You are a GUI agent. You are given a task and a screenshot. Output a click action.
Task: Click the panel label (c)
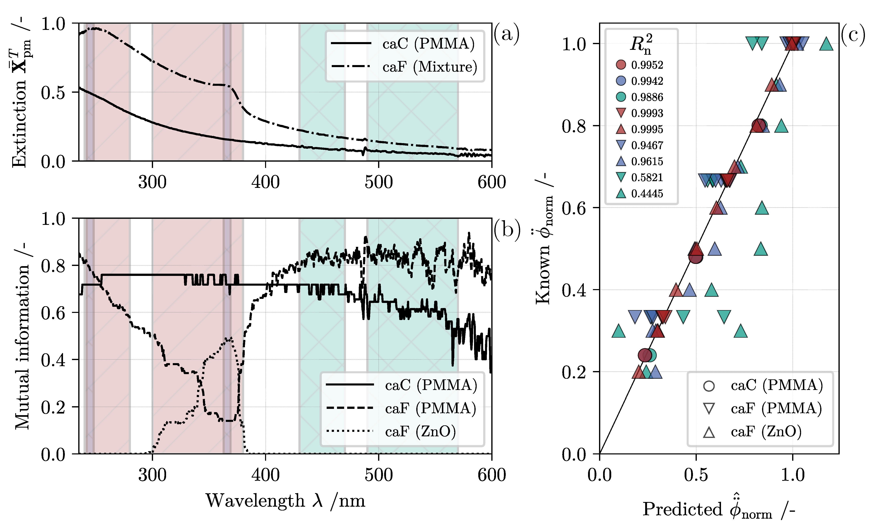tap(853, 35)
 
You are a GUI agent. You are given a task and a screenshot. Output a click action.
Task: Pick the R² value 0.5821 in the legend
tap(647, 177)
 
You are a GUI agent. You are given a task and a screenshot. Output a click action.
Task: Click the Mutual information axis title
tap(22, 336)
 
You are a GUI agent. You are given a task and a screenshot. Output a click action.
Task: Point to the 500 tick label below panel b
tap(379, 475)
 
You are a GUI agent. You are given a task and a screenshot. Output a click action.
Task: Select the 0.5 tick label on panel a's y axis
tap(53, 93)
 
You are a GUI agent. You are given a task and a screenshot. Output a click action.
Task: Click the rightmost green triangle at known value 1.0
tap(826, 44)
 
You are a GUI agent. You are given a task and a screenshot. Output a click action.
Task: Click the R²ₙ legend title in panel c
tap(640, 44)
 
